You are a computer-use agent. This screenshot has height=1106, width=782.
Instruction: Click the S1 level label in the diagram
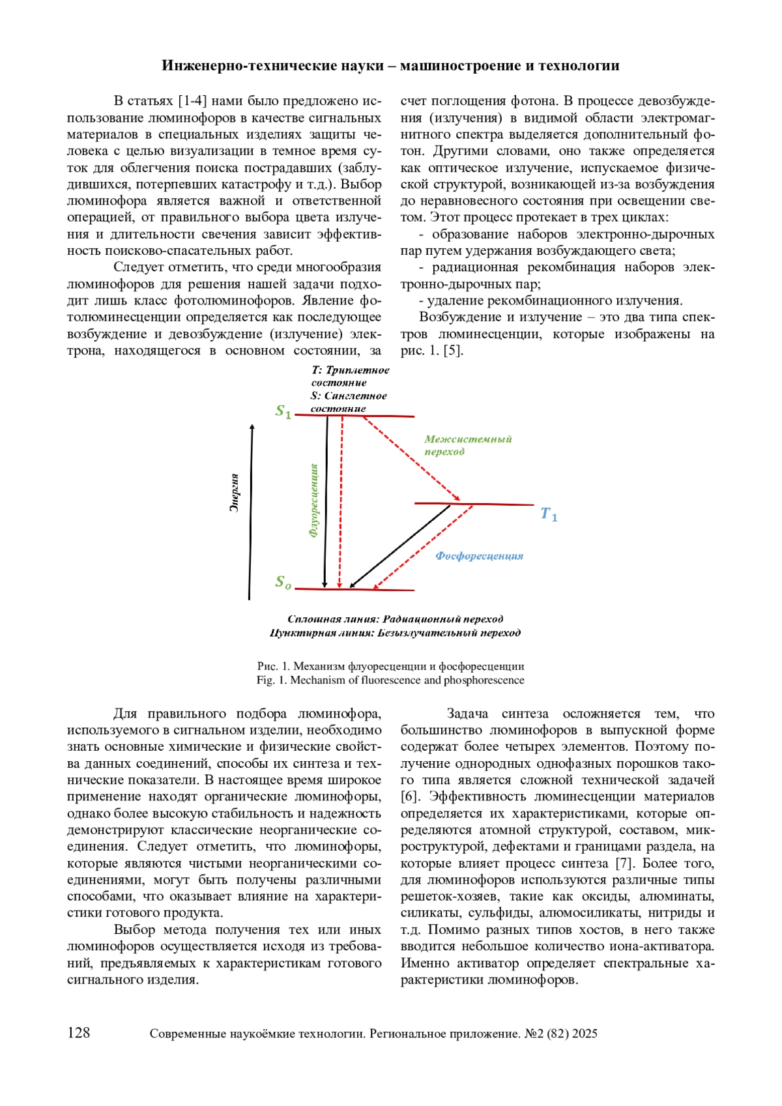click(283, 411)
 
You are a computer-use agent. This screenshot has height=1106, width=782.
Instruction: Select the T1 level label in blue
click(549, 515)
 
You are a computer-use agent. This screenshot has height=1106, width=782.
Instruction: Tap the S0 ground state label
click(283, 582)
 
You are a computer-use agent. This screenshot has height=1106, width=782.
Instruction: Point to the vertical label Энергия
click(235, 493)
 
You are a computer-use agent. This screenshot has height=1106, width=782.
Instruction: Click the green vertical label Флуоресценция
click(314, 500)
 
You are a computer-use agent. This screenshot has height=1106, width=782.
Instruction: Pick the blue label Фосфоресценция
click(479, 556)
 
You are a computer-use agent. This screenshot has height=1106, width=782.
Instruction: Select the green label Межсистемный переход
click(467, 445)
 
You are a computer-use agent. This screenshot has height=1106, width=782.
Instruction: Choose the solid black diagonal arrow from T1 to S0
click(401, 546)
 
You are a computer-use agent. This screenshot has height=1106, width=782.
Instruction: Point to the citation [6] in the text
click(409, 797)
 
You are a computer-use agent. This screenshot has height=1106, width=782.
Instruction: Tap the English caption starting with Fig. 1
click(390, 680)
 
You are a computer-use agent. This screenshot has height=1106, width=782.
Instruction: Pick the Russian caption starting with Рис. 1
click(390, 667)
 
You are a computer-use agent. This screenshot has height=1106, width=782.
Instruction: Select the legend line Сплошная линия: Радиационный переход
click(395, 619)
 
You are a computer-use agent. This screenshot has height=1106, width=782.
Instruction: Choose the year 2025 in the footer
click(585, 1034)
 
